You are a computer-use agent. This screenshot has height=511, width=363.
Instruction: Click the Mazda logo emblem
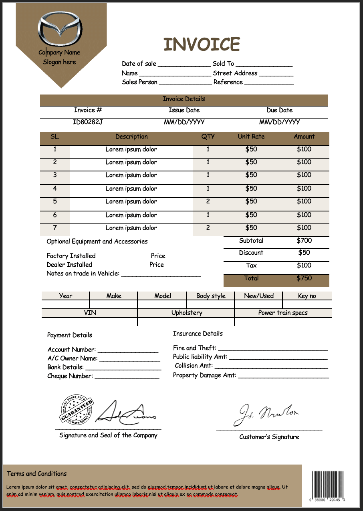60,30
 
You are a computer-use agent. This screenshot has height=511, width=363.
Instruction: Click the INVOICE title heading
202,44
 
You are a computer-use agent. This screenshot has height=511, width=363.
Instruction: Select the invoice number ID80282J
88,122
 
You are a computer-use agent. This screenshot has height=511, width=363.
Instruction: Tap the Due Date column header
279,110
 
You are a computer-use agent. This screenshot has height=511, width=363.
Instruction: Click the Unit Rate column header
251,137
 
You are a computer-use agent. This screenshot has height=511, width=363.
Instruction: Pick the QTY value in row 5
208,201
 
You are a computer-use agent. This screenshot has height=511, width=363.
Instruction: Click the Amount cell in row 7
304,228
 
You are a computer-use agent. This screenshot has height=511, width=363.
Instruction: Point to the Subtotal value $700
304,241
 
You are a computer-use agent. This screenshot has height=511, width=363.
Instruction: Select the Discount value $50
304,253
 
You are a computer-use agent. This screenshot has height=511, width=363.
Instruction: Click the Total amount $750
304,278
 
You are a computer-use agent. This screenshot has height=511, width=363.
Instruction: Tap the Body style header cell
211,296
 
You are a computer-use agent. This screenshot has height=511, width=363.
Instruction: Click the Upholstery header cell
187,313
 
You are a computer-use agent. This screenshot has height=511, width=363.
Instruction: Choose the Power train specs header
283,313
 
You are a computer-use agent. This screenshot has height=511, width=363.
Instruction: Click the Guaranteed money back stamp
77,410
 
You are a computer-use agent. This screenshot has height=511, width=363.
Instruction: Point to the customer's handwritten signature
266,414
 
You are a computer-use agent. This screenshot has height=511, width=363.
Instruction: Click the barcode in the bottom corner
328,485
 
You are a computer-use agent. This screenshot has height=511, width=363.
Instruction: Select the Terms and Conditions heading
37,474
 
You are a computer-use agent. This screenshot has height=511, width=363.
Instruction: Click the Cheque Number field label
70,376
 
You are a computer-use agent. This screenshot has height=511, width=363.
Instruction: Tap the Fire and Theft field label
194,348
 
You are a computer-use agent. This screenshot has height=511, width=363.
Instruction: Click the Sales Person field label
140,82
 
